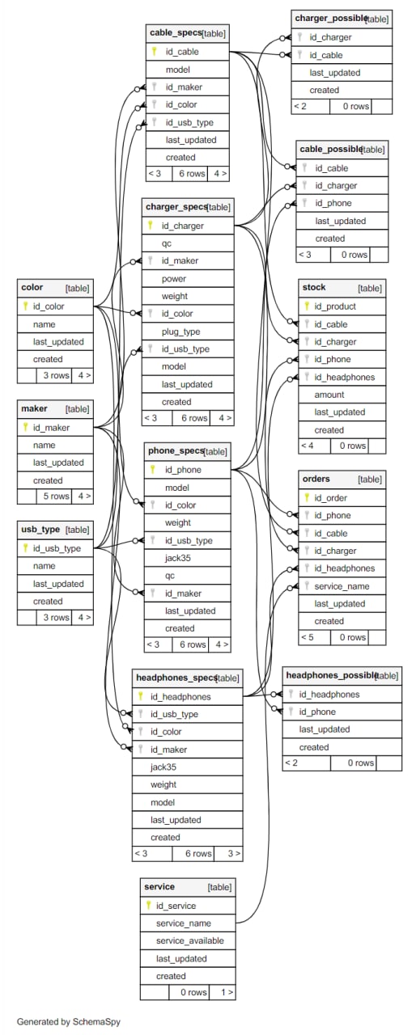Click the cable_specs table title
[176, 33]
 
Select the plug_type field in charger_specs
[180, 332]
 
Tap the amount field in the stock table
[329, 395]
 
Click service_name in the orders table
[342, 586]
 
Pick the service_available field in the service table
[189, 940]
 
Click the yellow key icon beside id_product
[307, 306]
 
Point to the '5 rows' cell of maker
[56, 496]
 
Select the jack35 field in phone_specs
[177, 558]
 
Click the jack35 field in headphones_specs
[163, 767]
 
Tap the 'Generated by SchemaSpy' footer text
[69, 1021]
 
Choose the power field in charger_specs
[174, 279]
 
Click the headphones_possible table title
[332, 675]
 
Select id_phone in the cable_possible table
[333, 203]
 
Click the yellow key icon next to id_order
[307, 497]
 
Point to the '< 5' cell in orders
[308, 637]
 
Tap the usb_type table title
[40, 530]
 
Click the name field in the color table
[44, 324]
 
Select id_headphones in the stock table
[344, 377]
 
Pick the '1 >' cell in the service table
[227, 992]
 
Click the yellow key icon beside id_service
[148, 906]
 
